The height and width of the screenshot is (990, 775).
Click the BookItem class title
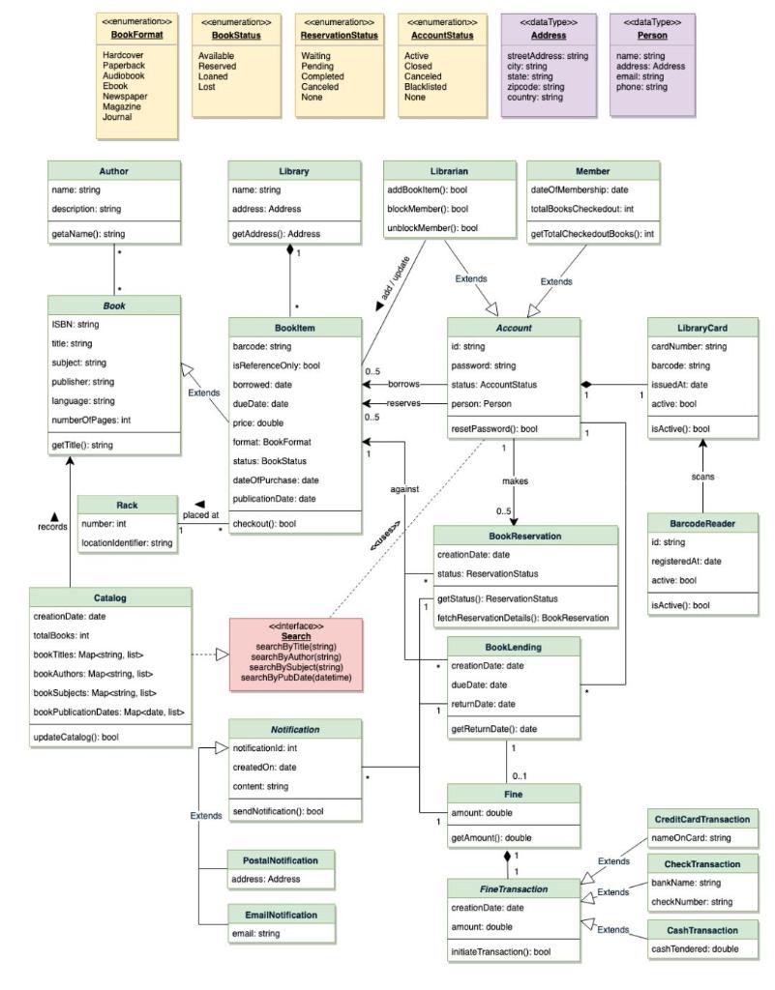pos(294,328)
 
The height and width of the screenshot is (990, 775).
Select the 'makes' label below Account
pos(514,480)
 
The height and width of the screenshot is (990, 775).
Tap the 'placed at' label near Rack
pos(201,515)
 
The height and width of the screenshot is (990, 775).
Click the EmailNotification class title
pos(282,914)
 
